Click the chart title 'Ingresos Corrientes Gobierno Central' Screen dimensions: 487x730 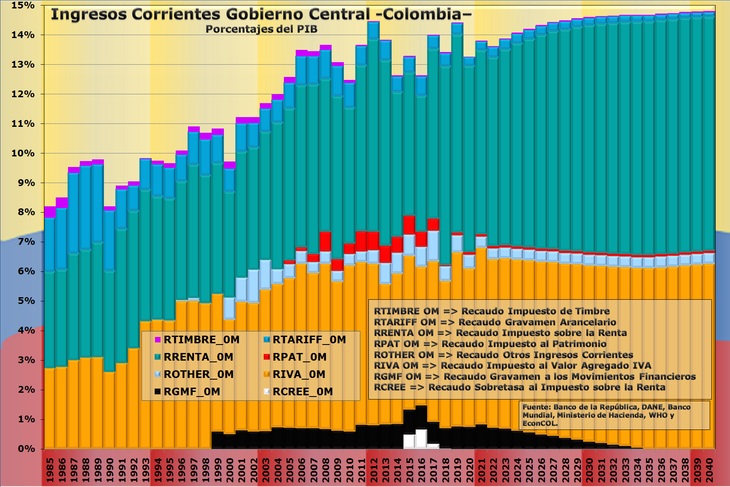pyautogui.click(x=261, y=14)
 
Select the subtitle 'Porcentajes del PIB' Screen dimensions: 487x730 pyautogui.click(x=261, y=29)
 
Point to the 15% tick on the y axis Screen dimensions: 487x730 pyautogui.click(x=23, y=5)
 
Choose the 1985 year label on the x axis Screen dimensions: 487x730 pyautogui.click(x=50, y=469)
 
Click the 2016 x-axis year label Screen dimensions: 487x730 pyautogui.click(x=422, y=469)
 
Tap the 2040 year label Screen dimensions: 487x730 pyautogui.click(x=709, y=469)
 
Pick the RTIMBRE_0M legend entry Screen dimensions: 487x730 pyautogui.click(x=197, y=340)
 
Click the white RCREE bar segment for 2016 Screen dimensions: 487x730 pyautogui.click(x=421, y=439)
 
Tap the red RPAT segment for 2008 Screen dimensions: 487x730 pyautogui.click(x=325, y=241)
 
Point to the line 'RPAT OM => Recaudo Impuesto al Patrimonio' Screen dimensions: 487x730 pyautogui.click(x=490, y=344)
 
